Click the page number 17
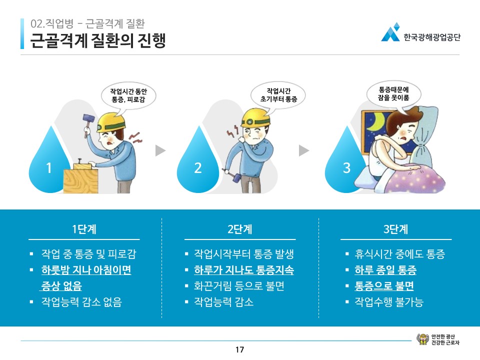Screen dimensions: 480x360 (x=239, y=349)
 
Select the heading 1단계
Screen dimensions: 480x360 (x=84, y=229)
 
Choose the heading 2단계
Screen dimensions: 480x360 (x=239, y=229)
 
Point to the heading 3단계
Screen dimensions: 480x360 (x=395, y=229)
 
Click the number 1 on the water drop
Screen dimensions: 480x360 (x=48, y=168)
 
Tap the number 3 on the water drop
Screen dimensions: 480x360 (x=346, y=168)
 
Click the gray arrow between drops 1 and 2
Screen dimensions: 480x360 (x=160, y=150)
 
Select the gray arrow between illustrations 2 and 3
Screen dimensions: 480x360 (x=304, y=150)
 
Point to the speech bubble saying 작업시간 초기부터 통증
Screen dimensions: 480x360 (x=278, y=95)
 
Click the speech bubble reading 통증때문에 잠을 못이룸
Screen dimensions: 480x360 (x=393, y=94)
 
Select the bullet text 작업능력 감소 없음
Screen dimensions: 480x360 (x=81, y=302)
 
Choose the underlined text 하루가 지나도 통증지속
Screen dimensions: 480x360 (x=243, y=270)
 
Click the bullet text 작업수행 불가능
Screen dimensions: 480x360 (x=389, y=302)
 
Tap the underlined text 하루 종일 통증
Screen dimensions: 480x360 (x=385, y=270)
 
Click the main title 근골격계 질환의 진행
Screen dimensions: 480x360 (x=98, y=40)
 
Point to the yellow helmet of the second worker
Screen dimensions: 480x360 (x=255, y=117)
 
